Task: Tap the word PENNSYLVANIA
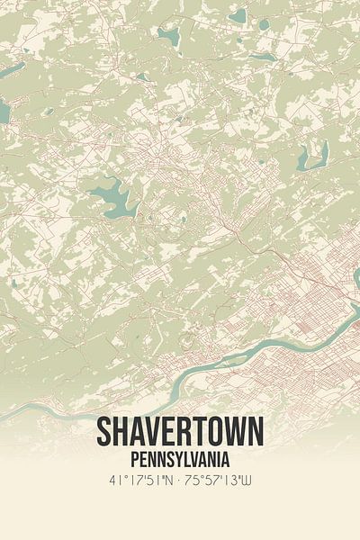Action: tap(180, 460)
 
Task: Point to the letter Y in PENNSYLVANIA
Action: tap(179, 460)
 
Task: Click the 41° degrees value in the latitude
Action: tap(113, 481)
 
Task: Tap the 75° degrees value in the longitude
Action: tap(196, 481)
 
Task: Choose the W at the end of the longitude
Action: tap(256, 481)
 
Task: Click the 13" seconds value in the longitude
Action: tap(238, 481)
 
